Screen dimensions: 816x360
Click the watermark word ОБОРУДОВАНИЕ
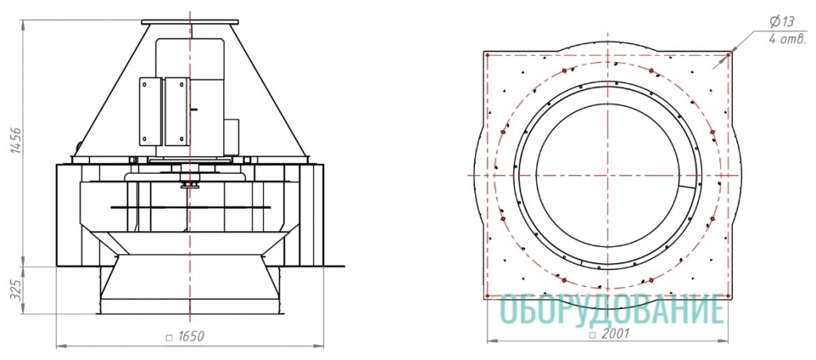(611, 309)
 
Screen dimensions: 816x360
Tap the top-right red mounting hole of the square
(728, 53)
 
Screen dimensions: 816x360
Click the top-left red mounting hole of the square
(487, 53)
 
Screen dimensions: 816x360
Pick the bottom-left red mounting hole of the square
(487, 296)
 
